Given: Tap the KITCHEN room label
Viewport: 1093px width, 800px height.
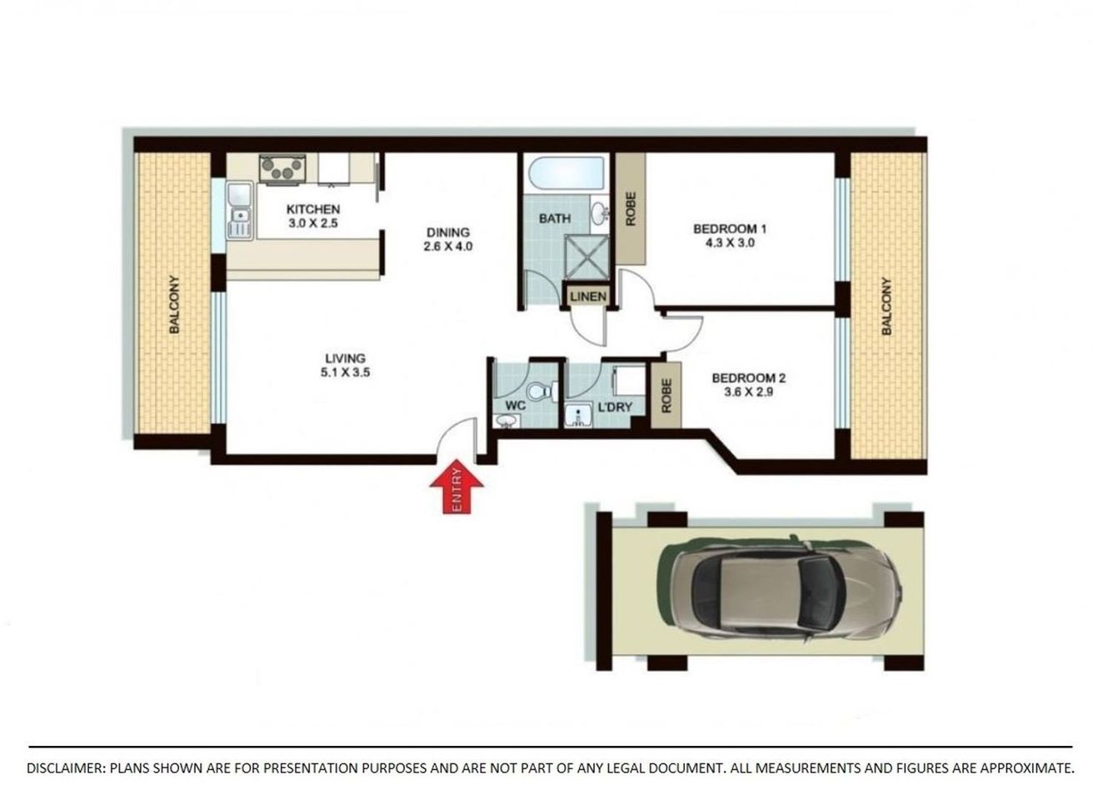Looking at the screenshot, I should coord(312,209).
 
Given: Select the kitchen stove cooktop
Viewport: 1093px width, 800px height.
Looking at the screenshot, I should coord(281,168).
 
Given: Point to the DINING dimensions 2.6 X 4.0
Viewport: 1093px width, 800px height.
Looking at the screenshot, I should coord(448,247).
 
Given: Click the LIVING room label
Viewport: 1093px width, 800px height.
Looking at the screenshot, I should coord(344,358).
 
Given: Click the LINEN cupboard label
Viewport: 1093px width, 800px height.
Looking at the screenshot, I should coord(588,297).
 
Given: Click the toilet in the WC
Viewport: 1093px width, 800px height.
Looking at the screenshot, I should coord(542,389).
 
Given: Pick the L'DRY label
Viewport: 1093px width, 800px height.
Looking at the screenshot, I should coord(616,407).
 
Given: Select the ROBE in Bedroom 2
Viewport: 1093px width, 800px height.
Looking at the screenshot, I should coord(666,395).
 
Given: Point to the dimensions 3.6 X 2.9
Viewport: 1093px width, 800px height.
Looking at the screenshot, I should coord(748,392).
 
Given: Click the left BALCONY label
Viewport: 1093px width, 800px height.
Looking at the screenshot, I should coord(175,305).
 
